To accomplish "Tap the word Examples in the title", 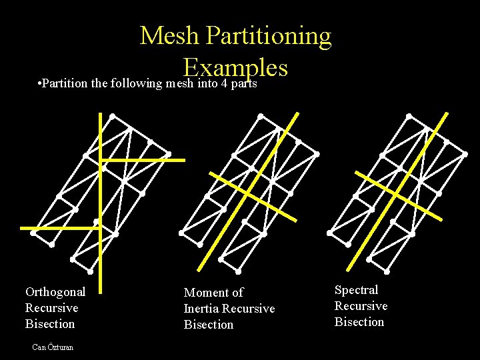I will pos(235,67).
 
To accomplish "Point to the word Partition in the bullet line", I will pos(67,85).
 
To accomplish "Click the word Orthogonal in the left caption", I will pos(55,291).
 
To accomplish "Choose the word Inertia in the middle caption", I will pos(201,309).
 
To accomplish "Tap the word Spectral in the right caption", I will pos(356,290).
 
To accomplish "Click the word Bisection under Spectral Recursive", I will pos(359,322).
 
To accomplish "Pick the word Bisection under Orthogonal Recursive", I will pos(50,324).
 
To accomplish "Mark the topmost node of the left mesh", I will pos(112,117).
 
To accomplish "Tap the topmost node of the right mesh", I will pos(408,117).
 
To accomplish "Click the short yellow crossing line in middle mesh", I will pos(253,196).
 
